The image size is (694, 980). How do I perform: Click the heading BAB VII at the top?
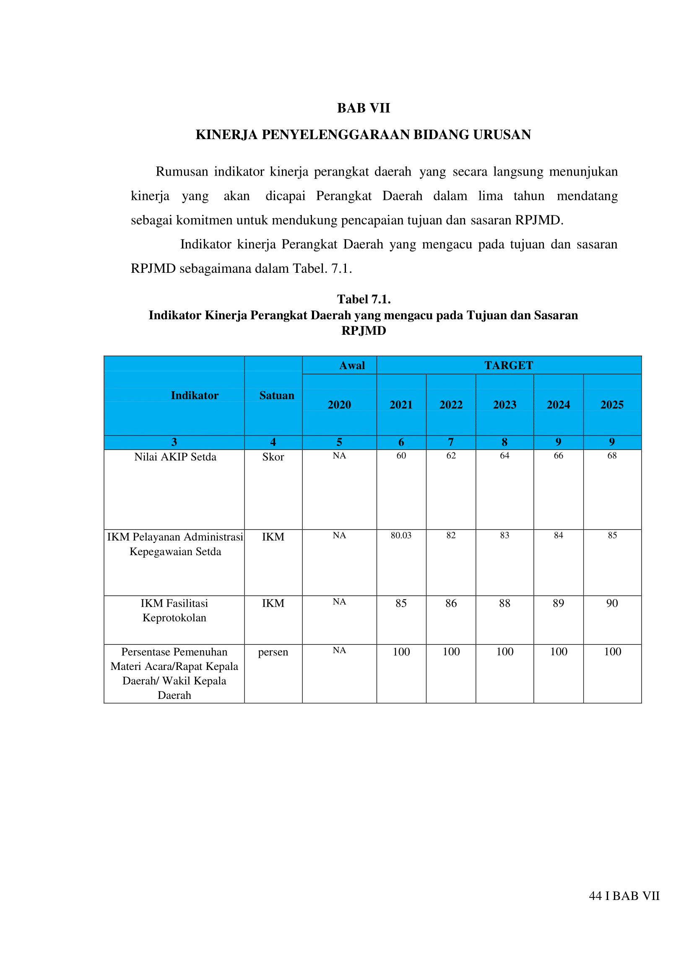[x=363, y=108]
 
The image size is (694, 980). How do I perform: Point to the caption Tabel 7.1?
[x=364, y=299]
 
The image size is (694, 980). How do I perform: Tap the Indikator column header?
[x=195, y=396]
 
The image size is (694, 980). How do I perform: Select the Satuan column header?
[x=276, y=396]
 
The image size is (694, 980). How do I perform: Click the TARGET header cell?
[x=509, y=365]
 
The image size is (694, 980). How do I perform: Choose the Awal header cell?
[x=352, y=365]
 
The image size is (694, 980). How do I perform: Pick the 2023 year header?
[x=504, y=405]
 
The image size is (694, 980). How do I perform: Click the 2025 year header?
[x=611, y=405]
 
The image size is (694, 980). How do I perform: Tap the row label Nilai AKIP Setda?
[x=175, y=457]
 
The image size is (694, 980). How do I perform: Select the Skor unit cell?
[x=273, y=457]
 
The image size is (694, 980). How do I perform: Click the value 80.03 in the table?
[x=401, y=535]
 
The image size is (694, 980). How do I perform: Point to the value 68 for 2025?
[x=612, y=455]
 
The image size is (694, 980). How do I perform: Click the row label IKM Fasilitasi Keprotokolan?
[x=174, y=610]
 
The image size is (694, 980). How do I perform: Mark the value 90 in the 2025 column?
[x=612, y=603]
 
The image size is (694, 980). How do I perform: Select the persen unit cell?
[x=273, y=652]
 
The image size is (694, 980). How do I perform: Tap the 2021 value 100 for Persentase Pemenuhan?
[x=401, y=652]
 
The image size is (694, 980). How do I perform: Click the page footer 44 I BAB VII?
[x=624, y=895]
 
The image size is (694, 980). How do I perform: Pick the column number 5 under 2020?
[x=339, y=442]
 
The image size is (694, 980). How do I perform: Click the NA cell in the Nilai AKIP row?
[x=339, y=455]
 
